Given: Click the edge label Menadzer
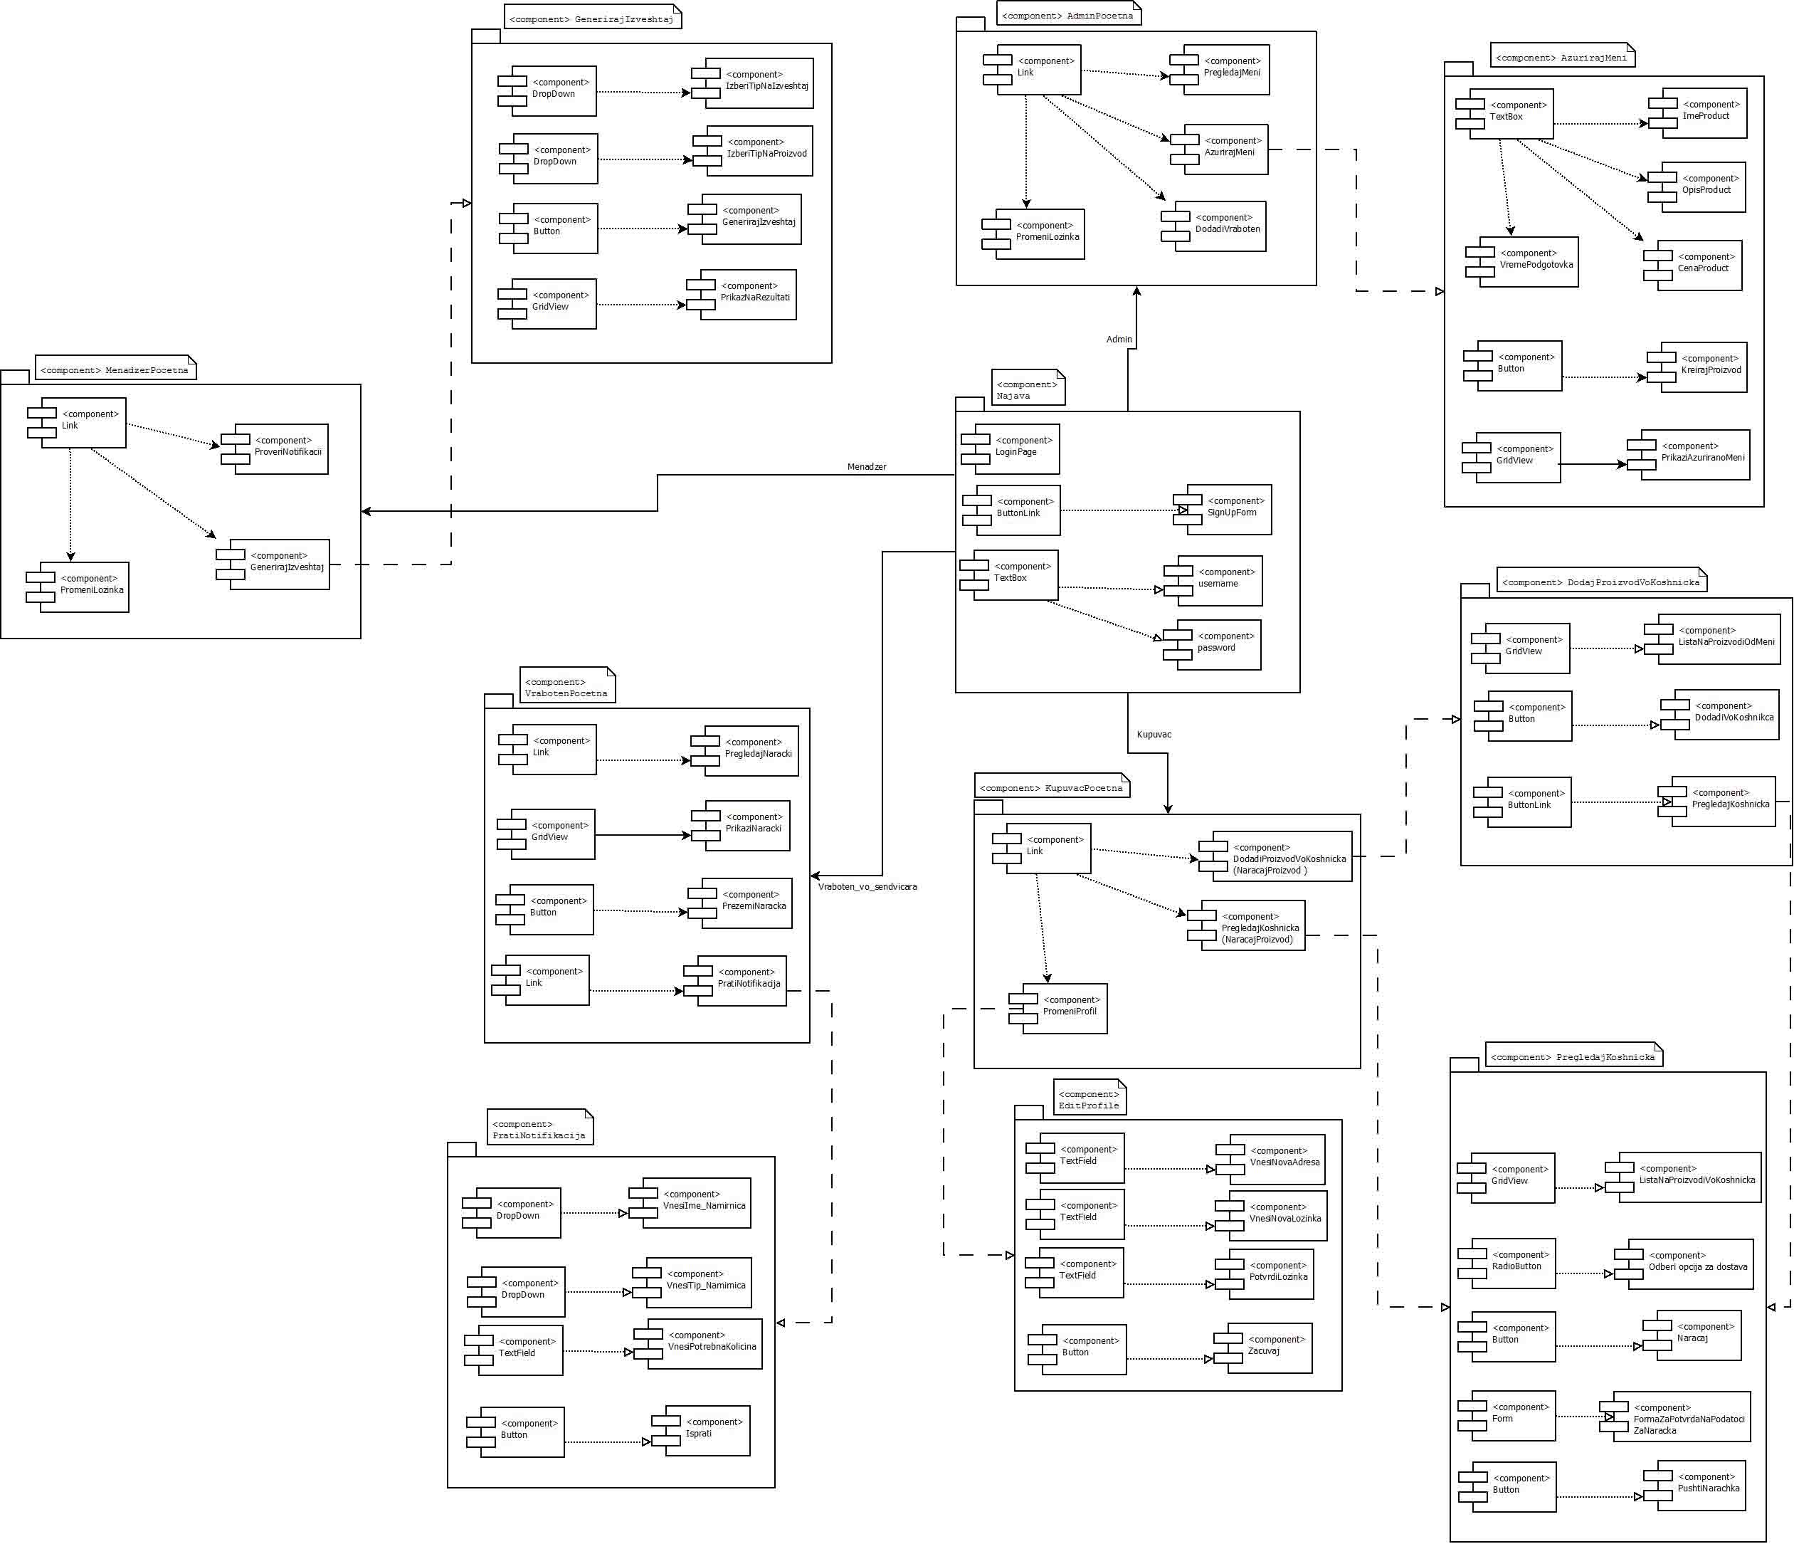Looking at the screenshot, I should pos(866,467).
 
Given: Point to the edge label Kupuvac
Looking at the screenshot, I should pos(1154,735).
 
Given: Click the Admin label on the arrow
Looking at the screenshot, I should pos(1119,340).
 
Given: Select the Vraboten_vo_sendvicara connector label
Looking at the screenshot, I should pos(867,887).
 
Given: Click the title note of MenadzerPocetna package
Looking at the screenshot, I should pos(115,369).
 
